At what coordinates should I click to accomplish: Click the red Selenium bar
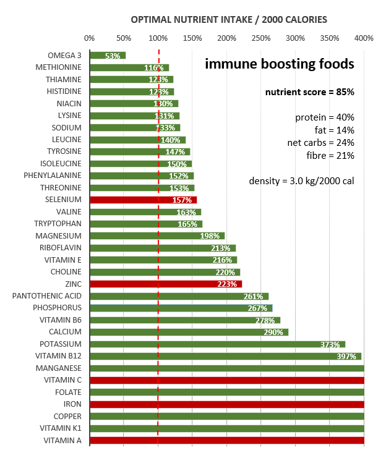[x=143, y=200]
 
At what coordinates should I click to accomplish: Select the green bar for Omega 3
[x=108, y=56]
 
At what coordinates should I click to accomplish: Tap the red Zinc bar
[x=166, y=284]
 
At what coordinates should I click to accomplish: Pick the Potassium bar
[x=217, y=344]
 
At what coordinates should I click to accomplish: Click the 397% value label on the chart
[x=346, y=356]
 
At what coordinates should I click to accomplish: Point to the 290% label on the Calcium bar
[x=275, y=332]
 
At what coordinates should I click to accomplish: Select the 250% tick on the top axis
[x=261, y=38]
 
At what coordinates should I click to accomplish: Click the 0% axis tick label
[x=90, y=38]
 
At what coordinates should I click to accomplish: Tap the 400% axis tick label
[x=364, y=38]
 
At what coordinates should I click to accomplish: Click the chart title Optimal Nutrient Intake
[x=229, y=20]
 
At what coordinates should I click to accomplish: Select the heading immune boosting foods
[x=280, y=64]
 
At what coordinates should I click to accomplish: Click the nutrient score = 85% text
[x=310, y=92]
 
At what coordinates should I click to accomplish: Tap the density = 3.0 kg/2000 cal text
[x=302, y=180]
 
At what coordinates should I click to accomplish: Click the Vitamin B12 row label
[x=58, y=356]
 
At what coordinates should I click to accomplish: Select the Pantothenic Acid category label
[x=47, y=296]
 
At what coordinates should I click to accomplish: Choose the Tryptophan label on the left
[x=60, y=224]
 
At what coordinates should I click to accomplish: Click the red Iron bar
[x=227, y=404]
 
